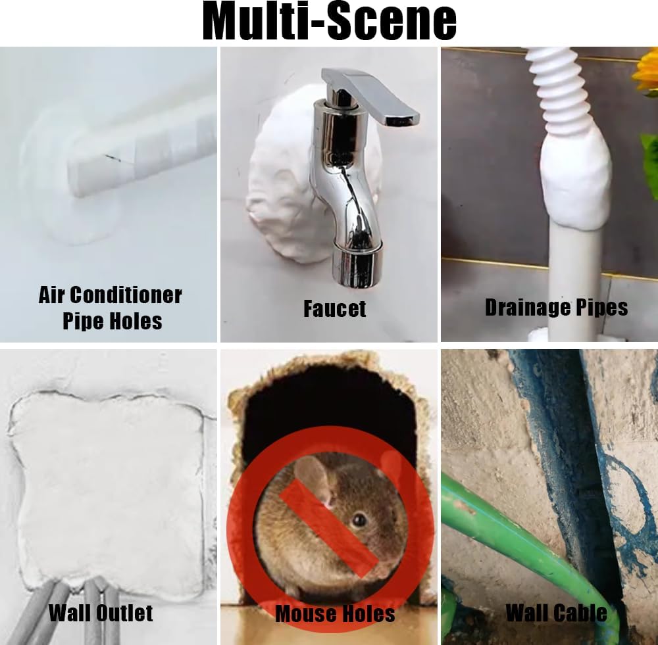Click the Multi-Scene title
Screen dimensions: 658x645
point(330,21)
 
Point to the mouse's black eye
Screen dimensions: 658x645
point(359,521)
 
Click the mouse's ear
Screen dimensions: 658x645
point(313,478)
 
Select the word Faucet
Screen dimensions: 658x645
point(334,308)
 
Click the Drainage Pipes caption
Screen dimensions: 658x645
point(557,308)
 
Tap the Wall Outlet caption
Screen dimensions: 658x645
point(101,613)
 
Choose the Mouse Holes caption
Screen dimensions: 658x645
point(336,613)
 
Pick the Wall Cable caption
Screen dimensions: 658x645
point(557,613)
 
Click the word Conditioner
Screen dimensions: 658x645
point(126,295)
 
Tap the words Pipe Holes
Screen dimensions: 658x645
point(113,322)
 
